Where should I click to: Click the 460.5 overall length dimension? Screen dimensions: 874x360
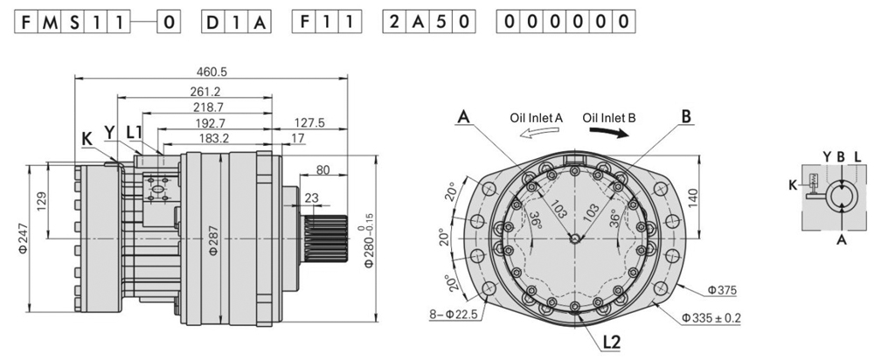coord(212,73)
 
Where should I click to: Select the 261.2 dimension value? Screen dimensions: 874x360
coord(205,92)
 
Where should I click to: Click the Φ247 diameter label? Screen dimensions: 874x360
coord(23,239)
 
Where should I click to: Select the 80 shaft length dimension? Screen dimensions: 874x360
coord(323,170)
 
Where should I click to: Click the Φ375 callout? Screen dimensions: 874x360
coord(723,290)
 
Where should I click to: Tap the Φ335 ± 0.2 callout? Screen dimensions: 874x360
coord(711,318)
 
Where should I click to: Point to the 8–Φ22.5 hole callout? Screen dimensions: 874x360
coord(453,315)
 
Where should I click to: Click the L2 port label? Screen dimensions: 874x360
coord(612,342)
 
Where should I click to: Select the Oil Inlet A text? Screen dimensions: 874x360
coord(537,118)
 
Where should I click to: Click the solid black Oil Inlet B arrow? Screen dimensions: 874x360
coord(609,133)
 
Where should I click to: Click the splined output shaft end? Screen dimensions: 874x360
coord(326,239)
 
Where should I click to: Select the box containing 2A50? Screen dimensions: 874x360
coord(428,22)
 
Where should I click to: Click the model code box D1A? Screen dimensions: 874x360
coord(236,22)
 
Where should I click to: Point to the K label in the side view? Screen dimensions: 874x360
coord(87,139)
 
